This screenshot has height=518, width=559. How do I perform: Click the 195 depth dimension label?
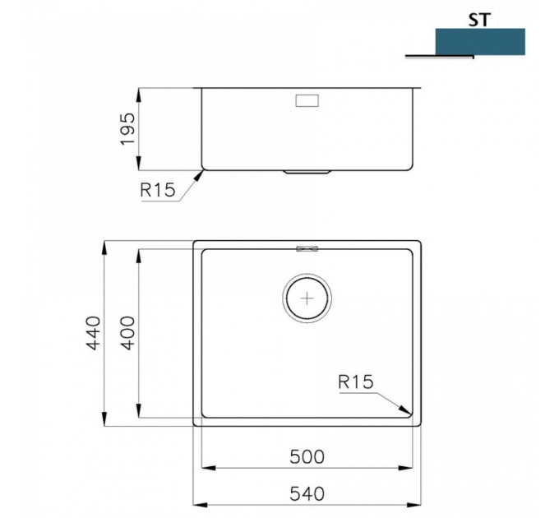[x=128, y=129]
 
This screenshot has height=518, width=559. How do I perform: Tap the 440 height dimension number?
[x=94, y=333]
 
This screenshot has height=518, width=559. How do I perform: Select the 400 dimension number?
[x=128, y=333]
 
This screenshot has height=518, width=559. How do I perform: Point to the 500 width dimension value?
[x=307, y=457]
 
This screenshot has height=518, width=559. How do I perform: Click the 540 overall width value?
[x=307, y=494]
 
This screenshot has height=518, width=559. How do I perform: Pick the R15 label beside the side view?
[x=158, y=190]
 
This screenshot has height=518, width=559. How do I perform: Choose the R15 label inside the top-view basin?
[x=355, y=382]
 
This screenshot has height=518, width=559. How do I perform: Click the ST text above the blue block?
[x=479, y=20]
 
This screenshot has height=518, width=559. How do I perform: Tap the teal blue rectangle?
[x=480, y=42]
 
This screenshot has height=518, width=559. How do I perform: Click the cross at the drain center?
[x=307, y=298]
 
